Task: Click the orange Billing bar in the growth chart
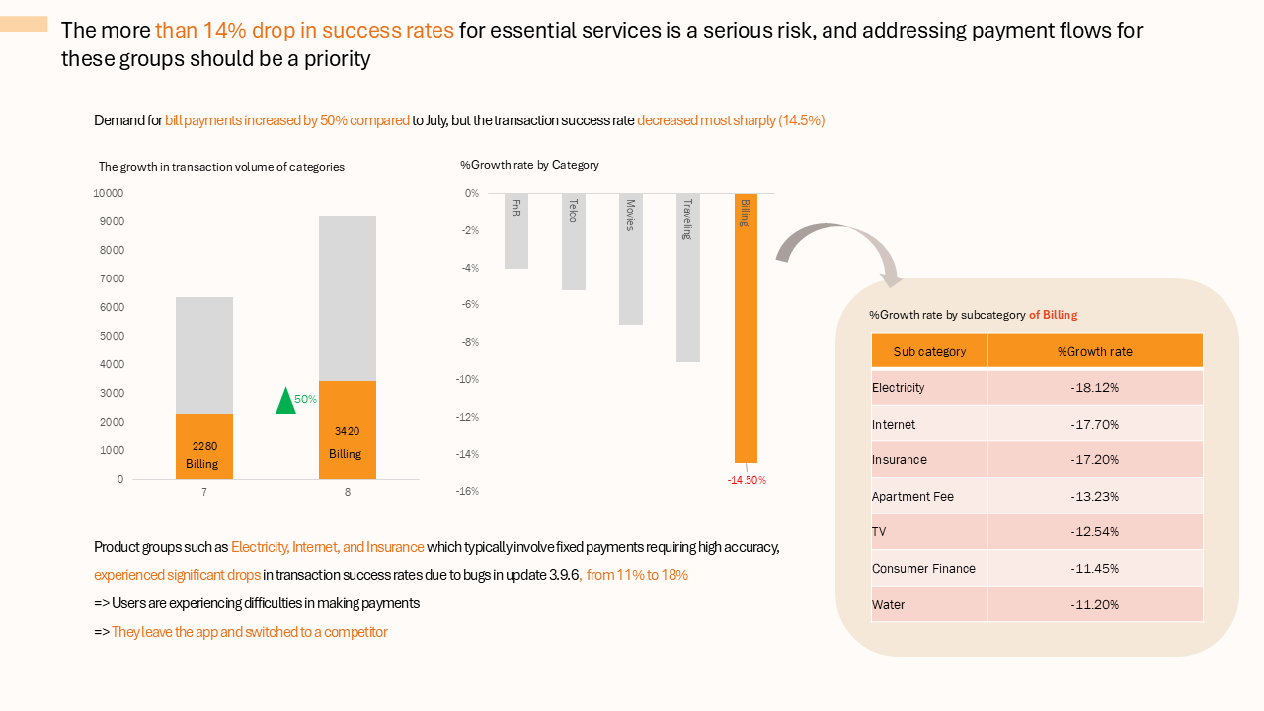tap(746, 336)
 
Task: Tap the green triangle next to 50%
tap(286, 401)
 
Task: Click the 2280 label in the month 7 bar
tap(204, 446)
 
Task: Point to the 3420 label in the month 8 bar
tap(347, 431)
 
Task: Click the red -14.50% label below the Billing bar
tap(747, 480)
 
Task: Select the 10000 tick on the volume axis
tap(109, 193)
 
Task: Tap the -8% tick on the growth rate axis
tap(470, 343)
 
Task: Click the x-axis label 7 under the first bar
tap(204, 492)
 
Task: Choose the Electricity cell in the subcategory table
tap(899, 388)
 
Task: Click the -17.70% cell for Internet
tap(1094, 425)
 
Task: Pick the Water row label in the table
tap(889, 605)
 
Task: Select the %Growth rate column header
tap(1094, 352)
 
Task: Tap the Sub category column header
tap(928, 352)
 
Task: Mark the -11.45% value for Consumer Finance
tap(1094, 569)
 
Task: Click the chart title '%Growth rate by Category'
tap(529, 165)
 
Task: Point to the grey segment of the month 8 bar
tap(347, 296)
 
